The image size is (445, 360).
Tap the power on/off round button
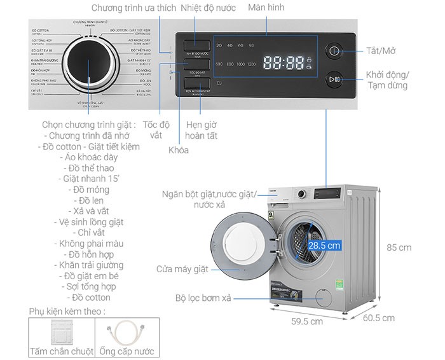(335, 52)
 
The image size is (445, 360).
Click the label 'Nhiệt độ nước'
(208, 8)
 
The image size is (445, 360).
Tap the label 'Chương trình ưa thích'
(132, 8)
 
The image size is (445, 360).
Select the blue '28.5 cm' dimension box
(324, 244)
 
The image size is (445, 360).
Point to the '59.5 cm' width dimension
(307, 321)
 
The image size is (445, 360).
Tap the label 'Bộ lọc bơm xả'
(204, 298)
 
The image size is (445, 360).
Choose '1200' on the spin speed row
(251, 64)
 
